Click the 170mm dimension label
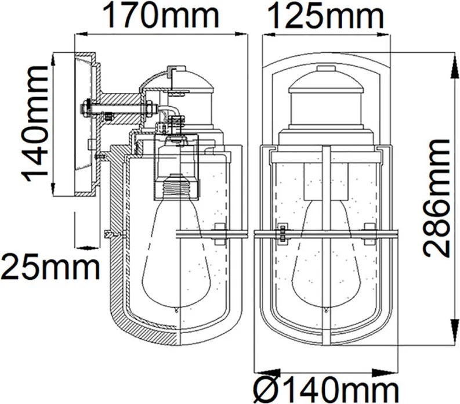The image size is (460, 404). [x=161, y=15]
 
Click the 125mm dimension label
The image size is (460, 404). [x=325, y=15]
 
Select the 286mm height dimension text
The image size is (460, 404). [x=437, y=198]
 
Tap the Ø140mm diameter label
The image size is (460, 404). [x=325, y=389]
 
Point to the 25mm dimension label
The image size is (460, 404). [x=50, y=268]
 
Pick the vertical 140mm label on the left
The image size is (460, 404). [x=34, y=124]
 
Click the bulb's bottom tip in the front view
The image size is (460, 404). [x=326, y=310]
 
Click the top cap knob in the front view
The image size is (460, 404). [x=326, y=69]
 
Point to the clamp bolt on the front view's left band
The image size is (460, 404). [x=283, y=234]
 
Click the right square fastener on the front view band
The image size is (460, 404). [x=370, y=234]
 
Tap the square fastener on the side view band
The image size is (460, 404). [x=220, y=234]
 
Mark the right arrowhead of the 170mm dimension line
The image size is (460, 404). [x=241, y=34]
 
